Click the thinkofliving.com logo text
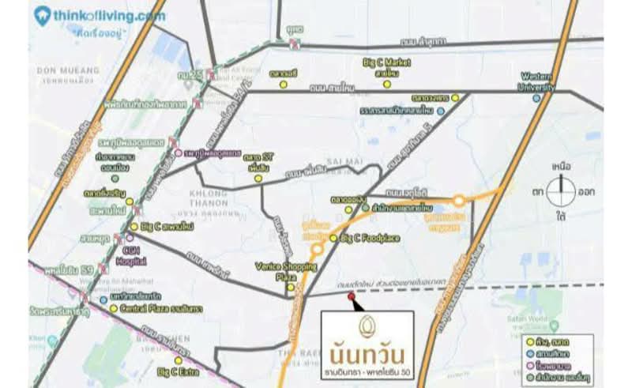click(111, 15)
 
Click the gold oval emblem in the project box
click(366, 326)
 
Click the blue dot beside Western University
click(536, 98)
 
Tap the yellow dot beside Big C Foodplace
click(334, 238)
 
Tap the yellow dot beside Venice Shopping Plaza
click(291, 287)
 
